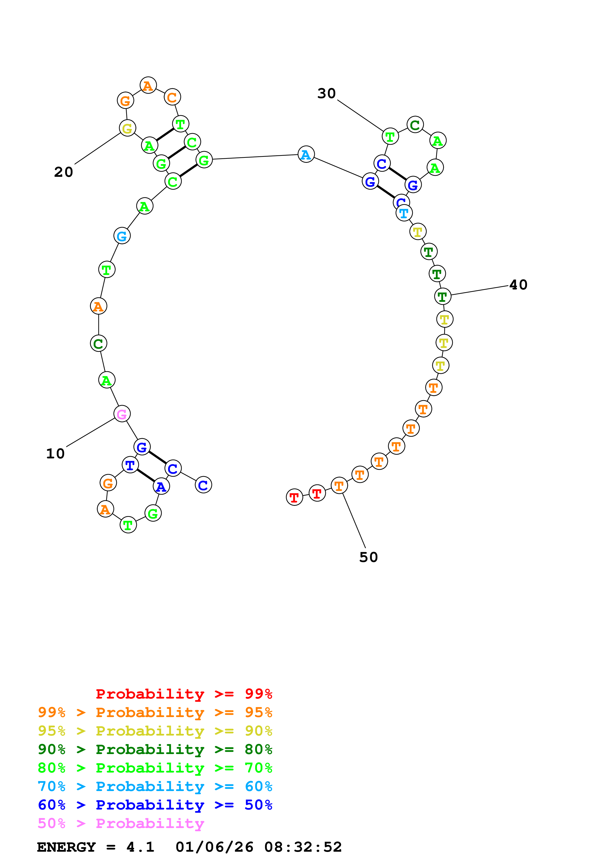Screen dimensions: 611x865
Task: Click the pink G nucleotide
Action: [x=122, y=414]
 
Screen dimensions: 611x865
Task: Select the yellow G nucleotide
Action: [x=127, y=128]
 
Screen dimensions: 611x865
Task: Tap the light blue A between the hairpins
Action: [x=306, y=154]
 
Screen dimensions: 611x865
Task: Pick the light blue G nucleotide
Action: [x=122, y=236]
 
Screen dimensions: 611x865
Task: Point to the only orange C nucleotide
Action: [x=172, y=97]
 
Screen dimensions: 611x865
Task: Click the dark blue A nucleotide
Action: [x=161, y=487]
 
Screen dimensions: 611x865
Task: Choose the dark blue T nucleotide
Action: [x=130, y=465]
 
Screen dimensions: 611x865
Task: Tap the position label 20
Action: [x=63, y=172]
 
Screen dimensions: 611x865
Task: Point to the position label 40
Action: [x=518, y=285]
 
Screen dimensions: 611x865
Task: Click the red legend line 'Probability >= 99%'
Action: [x=184, y=694]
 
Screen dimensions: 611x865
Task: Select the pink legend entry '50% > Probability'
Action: [x=121, y=824]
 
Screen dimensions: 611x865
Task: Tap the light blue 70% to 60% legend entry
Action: [x=155, y=787]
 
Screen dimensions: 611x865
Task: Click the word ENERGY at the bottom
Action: [x=66, y=847]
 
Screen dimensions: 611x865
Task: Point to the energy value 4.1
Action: [x=140, y=847]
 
